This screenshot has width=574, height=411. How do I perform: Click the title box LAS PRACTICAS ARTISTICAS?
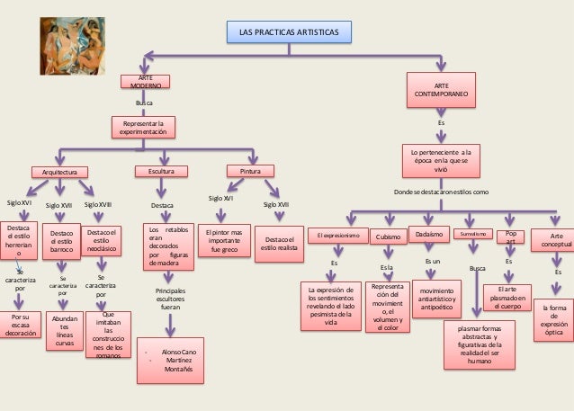tap(289, 32)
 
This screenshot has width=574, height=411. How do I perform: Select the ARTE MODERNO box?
tap(145, 83)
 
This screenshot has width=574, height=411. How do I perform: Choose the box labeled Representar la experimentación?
tap(145, 127)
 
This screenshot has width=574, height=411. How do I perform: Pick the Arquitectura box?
tap(60, 171)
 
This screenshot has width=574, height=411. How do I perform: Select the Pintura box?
tap(250, 171)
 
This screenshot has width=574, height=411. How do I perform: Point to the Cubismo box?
tap(388, 236)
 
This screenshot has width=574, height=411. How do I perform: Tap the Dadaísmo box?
tap(428, 235)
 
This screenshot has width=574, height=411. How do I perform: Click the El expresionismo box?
tap(338, 236)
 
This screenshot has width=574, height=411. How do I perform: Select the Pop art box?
tap(510, 237)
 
